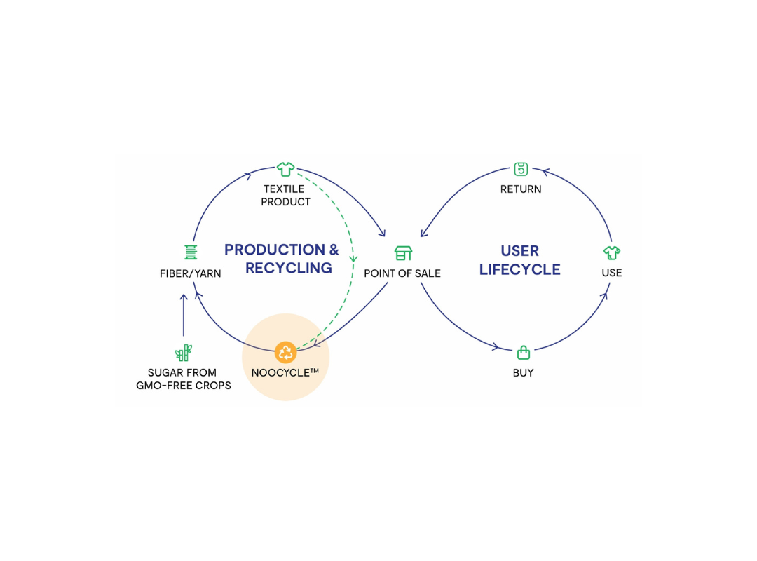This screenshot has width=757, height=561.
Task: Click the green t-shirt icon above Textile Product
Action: tap(285, 169)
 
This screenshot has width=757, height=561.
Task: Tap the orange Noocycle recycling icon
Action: tap(285, 352)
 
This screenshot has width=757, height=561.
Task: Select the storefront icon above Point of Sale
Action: tap(403, 253)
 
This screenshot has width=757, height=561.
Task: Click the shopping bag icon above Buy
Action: tap(523, 352)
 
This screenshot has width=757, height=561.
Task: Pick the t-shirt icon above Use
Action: tap(612, 252)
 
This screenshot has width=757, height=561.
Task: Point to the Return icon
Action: tap(521, 169)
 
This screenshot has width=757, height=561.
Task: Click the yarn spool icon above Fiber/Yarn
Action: tap(191, 252)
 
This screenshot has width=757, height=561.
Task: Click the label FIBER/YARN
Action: tap(191, 273)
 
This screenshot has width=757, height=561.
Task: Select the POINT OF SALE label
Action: tap(402, 273)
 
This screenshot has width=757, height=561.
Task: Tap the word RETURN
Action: tap(521, 189)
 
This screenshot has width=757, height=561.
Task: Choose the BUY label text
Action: tap(523, 373)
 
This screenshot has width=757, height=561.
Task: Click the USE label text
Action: tap(612, 273)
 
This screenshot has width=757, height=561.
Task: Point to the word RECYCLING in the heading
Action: tap(289, 268)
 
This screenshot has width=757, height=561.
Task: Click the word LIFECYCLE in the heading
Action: tap(520, 270)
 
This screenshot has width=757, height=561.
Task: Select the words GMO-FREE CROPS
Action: tap(183, 386)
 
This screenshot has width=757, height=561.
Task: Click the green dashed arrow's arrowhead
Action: tap(354, 257)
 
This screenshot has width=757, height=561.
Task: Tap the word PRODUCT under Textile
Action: tap(285, 202)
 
